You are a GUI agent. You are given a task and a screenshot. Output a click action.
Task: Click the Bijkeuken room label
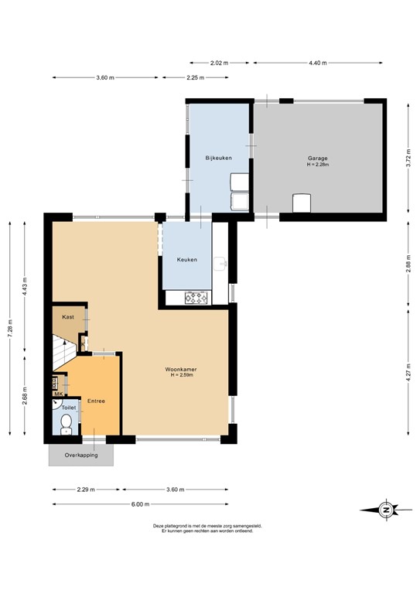pyautogui.click(x=218, y=158)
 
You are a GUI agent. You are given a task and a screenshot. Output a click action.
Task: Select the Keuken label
pyautogui.click(x=186, y=260)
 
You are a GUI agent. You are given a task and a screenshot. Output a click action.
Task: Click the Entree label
pyautogui.click(x=96, y=401)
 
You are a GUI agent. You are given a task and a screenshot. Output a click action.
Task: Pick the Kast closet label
pyautogui.click(x=67, y=317)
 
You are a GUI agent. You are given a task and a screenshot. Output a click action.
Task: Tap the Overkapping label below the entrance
pyautogui.click(x=80, y=456)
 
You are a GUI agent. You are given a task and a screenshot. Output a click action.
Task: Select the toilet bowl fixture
pyautogui.click(x=66, y=422)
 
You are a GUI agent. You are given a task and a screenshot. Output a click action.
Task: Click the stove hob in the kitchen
pyautogui.click(x=196, y=297)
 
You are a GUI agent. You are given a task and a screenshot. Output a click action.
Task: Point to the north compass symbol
pyautogui.click(x=385, y=509)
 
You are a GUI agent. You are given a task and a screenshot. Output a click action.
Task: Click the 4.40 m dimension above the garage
pyautogui.click(x=318, y=63)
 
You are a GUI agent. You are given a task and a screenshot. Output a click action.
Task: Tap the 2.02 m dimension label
pyautogui.click(x=220, y=63)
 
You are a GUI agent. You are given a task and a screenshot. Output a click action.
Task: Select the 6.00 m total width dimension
pyautogui.click(x=140, y=504)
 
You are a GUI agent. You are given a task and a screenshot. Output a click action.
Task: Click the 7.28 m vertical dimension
pyautogui.click(x=10, y=328)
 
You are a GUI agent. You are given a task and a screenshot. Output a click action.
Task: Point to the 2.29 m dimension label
pyautogui.click(x=86, y=490)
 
